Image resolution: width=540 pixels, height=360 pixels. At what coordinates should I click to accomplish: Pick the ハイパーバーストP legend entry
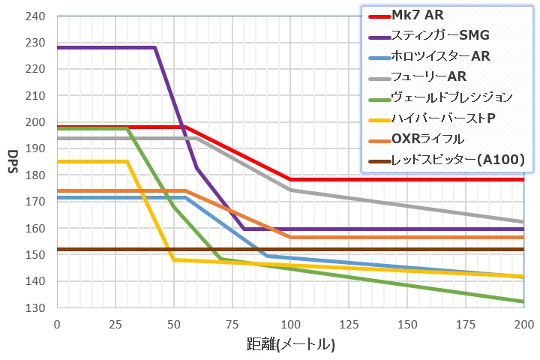tap(442, 118)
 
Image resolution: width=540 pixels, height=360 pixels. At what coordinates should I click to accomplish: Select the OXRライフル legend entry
tap(428, 138)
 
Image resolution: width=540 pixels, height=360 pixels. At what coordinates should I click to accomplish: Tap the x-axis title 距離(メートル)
tap(291, 345)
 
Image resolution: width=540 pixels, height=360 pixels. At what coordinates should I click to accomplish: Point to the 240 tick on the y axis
tap(35, 16)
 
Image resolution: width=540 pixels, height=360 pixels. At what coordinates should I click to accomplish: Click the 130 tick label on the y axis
tap(35, 308)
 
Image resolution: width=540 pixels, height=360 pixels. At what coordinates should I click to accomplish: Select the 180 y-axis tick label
tap(35, 175)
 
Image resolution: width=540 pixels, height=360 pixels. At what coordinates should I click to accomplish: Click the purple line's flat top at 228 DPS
tap(105, 48)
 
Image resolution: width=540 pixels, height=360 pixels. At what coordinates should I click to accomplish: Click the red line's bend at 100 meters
tap(290, 180)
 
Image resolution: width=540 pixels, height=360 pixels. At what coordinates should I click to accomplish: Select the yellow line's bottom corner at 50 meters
tap(173, 260)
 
